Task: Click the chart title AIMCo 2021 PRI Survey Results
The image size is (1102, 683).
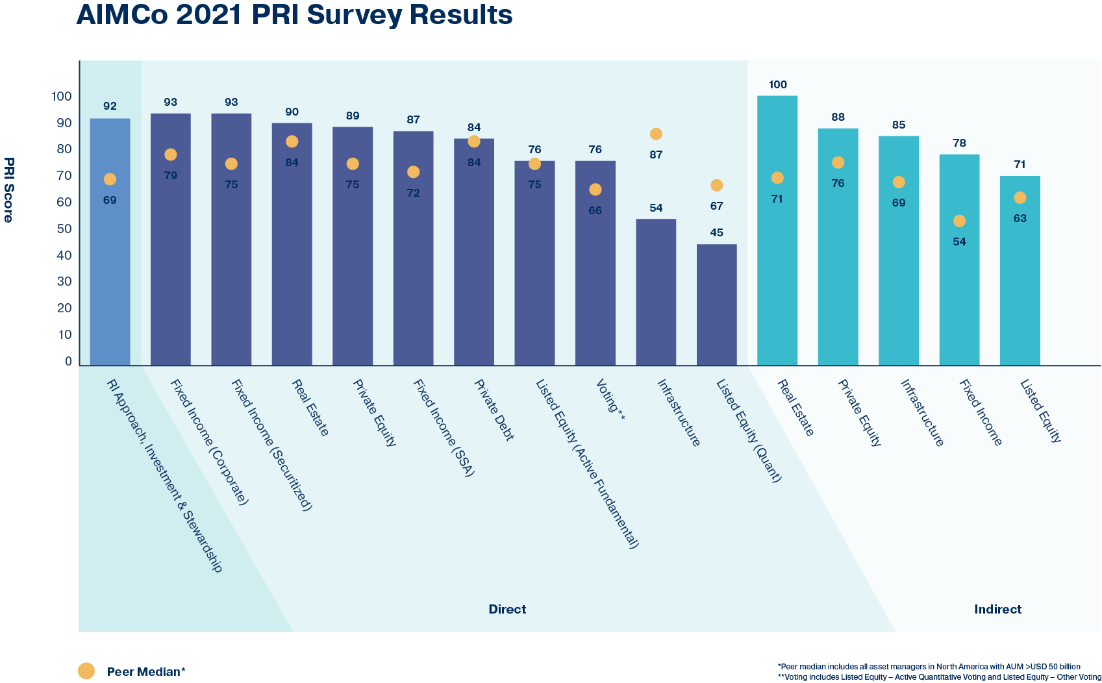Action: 294,15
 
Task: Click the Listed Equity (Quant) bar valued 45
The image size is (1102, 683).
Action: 716,305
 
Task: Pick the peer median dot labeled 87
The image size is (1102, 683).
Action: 656,134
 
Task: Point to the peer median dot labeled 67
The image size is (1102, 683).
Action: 716,186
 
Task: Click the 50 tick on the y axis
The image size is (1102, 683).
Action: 64,229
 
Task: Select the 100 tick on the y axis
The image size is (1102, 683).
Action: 62,96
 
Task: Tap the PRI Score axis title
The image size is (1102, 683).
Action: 8,190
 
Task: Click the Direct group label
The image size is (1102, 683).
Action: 507,609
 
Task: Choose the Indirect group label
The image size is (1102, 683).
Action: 997,609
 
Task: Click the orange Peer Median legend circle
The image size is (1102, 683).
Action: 86,671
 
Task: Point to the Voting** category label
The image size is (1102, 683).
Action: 610,400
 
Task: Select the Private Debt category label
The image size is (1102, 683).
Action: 494,410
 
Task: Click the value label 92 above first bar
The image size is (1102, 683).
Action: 110,106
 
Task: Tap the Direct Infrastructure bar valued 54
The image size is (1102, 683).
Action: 656,292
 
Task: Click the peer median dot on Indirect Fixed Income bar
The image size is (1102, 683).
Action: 959,221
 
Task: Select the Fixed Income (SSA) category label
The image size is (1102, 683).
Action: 444,428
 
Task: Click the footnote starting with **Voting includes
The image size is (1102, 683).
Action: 939,677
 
